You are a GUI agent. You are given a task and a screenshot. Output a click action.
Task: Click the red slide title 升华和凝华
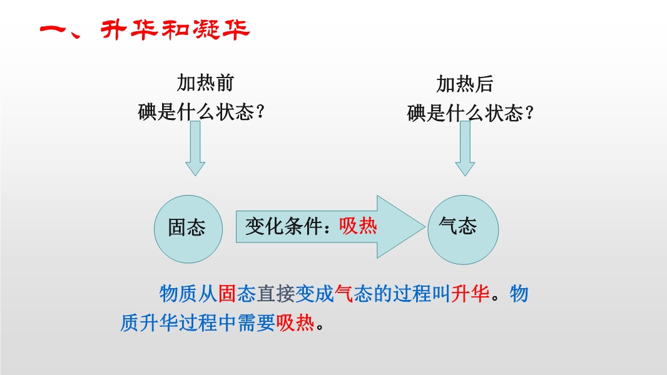click(175, 30)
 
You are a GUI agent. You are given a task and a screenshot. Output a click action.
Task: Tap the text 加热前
click(205, 83)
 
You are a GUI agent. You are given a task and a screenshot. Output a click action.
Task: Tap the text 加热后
click(464, 84)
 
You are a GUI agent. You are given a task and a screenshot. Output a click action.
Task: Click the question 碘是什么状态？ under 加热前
click(201, 112)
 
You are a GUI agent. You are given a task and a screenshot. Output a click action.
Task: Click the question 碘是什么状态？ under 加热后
click(470, 113)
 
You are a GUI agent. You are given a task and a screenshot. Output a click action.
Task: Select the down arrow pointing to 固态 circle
click(195, 148)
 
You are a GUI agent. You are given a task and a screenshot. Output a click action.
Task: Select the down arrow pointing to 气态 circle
click(465, 148)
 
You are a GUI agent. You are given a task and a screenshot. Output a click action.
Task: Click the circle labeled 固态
click(188, 229)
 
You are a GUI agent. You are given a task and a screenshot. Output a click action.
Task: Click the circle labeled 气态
click(463, 230)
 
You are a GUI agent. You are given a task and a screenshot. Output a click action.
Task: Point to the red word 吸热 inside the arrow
click(358, 226)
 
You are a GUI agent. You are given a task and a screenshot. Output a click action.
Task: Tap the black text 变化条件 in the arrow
click(283, 226)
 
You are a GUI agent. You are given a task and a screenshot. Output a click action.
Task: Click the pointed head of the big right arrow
click(424, 227)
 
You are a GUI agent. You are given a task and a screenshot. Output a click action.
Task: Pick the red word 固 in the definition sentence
click(227, 294)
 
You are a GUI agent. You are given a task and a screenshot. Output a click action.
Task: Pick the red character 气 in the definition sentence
click(344, 294)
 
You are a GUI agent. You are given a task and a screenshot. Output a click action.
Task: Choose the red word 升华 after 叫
click(470, 294)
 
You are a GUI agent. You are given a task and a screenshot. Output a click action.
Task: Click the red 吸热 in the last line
click(295, 322)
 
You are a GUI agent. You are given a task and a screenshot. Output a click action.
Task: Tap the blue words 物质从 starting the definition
click(188, 294)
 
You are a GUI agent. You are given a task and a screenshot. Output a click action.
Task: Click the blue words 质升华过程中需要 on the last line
click(198, 322)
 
